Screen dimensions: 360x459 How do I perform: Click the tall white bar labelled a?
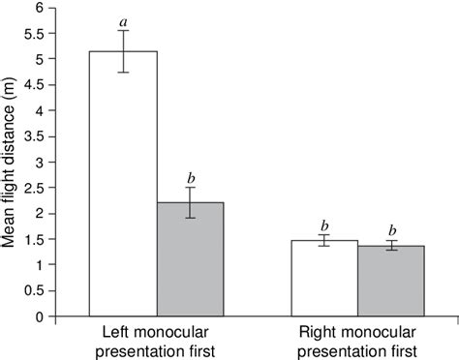[123, 183]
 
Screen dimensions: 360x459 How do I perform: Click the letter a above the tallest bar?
[123, 19]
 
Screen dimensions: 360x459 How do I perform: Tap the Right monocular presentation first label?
[358, 340]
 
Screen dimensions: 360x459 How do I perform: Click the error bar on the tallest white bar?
[123, 51]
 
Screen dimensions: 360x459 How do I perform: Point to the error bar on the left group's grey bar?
[190, 202]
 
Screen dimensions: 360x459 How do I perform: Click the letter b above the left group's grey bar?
[190, 177]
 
